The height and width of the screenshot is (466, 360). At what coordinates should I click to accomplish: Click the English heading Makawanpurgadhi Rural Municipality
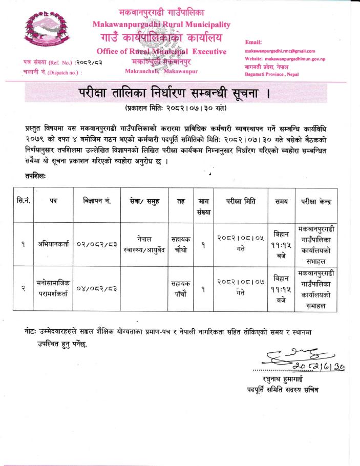click(161, 24)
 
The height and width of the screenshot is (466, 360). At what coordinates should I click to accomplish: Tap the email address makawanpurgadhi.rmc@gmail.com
click(280, 51)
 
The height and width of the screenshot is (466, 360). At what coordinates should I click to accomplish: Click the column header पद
click(53, 201)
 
